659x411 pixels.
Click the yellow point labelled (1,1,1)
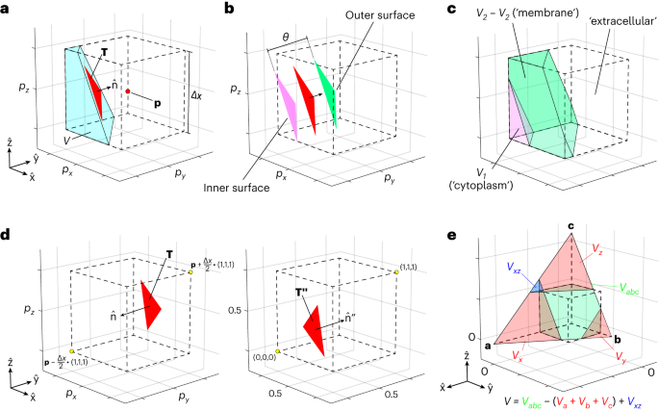[x=394, y=274]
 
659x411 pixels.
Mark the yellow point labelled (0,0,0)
[x=277, y=352]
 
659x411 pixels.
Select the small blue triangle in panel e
[x=537, y=286]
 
